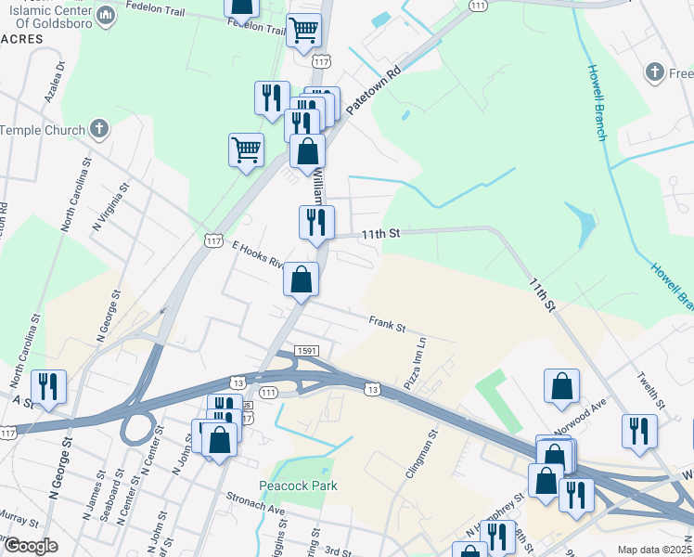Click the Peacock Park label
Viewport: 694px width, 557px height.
[299, 486]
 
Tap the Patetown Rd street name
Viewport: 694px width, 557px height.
[372, 90]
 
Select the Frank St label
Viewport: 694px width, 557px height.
[387, 325]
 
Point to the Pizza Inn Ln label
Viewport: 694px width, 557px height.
[415, 363]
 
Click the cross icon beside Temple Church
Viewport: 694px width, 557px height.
[100, 131]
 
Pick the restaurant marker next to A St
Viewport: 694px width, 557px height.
[47, 385]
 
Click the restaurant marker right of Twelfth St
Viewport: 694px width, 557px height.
[639, 430]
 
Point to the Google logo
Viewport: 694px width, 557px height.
[31, 546]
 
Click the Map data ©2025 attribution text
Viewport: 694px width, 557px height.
[655, 550]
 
